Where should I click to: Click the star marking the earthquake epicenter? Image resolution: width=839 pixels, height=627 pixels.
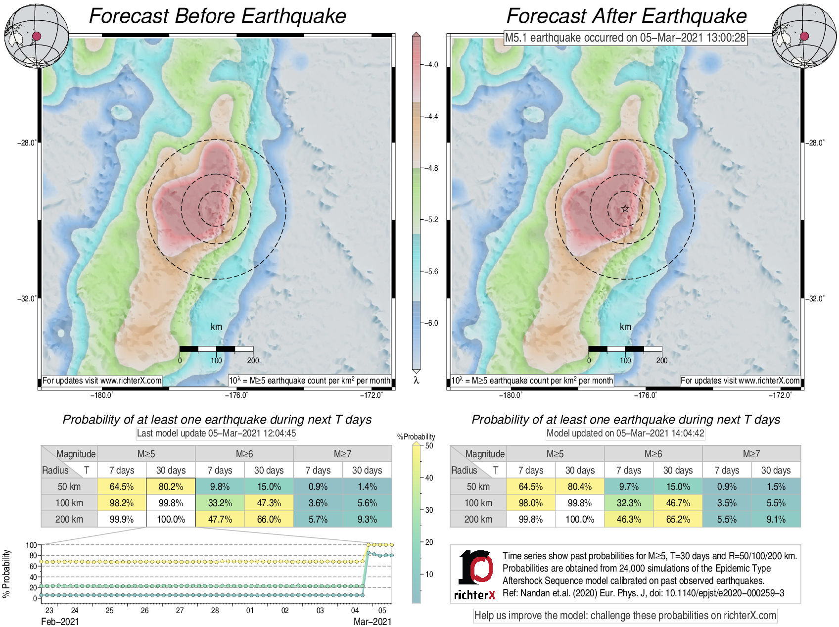[x=625, y=209]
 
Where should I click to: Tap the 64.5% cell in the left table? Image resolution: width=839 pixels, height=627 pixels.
[x=122, y=486]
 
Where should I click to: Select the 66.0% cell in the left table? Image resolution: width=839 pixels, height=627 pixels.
[x=269, y=519]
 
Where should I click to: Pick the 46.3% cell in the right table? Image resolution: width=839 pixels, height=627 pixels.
[x=629, y=519]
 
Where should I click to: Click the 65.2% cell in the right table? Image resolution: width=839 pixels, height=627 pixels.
[x=678, y=519]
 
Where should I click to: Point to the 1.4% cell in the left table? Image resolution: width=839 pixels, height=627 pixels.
[x=367, y=486]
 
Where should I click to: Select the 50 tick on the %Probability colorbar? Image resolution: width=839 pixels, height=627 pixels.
[x=429, y=446]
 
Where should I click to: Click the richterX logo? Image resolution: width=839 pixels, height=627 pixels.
[x=475, y=575]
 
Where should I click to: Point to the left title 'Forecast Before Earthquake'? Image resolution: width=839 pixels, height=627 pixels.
[x=217, y=16]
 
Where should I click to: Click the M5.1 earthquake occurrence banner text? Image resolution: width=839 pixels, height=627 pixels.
[x=625, y=38]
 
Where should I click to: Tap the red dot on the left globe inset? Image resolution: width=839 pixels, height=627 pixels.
[x=37, y=36]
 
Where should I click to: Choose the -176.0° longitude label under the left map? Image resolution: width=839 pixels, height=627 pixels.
[x=236, y=395]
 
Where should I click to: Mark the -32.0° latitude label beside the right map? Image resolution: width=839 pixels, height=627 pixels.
[x=816, y=298]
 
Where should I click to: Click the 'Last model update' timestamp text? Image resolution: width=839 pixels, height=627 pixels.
[x=216, y=434]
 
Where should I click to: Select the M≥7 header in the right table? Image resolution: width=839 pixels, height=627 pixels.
[x=751, y=454]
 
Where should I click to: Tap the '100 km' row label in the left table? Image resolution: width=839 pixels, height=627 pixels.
[x=69, y=503]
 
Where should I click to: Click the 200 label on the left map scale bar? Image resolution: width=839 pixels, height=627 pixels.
[x=253, y=360]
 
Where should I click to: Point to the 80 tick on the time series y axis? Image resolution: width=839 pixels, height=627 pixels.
[x=33, y=556]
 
